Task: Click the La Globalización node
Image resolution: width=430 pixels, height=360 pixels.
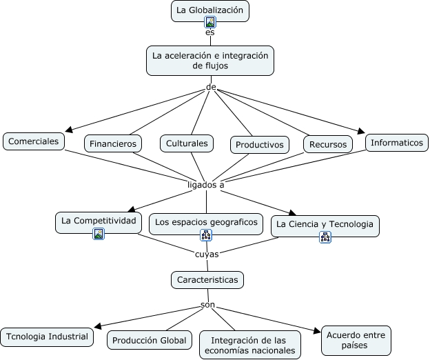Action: (x=210, y=11)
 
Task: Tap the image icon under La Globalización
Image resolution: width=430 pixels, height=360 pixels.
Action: (x=210, y=22)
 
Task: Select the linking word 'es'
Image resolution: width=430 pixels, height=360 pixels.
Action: (x=210, y=32)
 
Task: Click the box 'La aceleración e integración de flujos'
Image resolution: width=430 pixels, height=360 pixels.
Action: (x=210, y=61)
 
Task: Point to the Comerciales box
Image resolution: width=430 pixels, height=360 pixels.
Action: (x=34, y=141)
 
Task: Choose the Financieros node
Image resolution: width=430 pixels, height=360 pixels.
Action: (x=113, y=143)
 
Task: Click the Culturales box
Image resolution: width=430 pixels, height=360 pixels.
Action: (x=187, y=143)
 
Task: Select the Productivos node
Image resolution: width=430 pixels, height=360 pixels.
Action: (x=259, y=145)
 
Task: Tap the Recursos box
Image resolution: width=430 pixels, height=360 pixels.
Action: (x=328, y=144)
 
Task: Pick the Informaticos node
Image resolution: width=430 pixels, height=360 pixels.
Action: (x=397, y=143)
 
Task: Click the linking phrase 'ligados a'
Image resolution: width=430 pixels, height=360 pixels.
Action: (x=206, y=185)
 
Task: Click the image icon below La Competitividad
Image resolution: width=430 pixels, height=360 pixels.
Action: (x=99, y=234)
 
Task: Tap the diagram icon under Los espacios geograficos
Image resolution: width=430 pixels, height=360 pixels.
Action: (x=206, y=235)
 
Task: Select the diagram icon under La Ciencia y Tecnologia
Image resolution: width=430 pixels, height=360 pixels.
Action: (x=325, y=237)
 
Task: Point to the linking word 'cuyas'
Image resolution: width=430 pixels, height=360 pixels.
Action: (x=207, y=254)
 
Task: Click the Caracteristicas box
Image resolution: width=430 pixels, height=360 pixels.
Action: (x=207, y=280)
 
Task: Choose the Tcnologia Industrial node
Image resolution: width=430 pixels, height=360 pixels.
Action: (x=47, y=337)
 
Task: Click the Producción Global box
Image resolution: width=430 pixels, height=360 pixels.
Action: (x=150, y=340)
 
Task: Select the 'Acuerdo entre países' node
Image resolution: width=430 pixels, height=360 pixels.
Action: (x=356, y=341)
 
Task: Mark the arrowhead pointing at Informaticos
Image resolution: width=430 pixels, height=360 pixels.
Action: (x=362, y=132)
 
